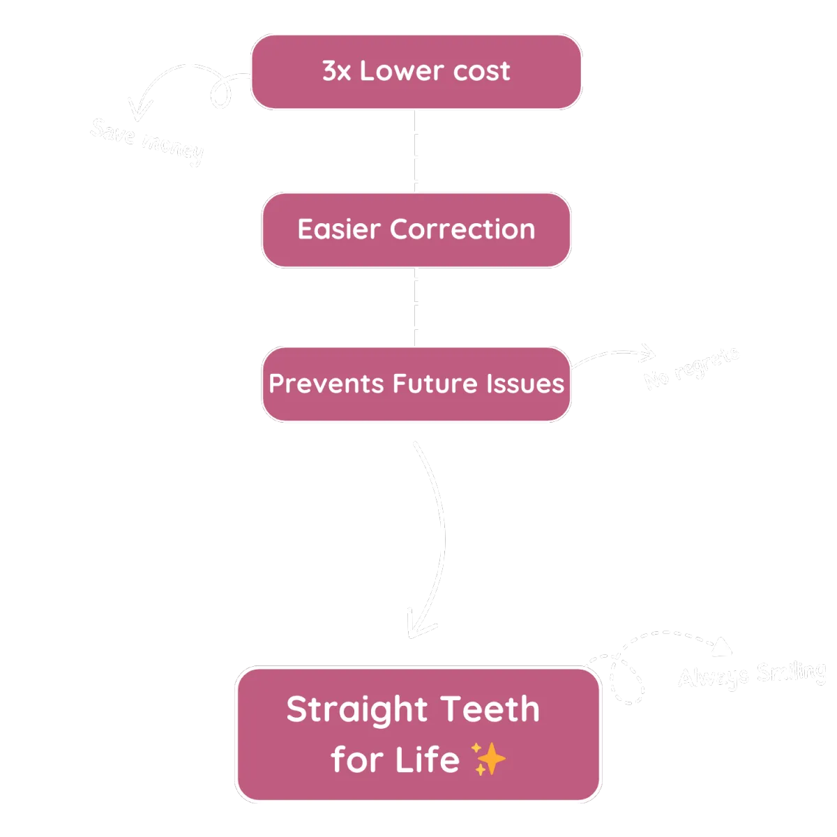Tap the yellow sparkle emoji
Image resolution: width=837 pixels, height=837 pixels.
[488, 759]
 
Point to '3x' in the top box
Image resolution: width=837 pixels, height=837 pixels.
[337, 71]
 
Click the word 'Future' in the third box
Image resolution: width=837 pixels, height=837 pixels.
[425, 384]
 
